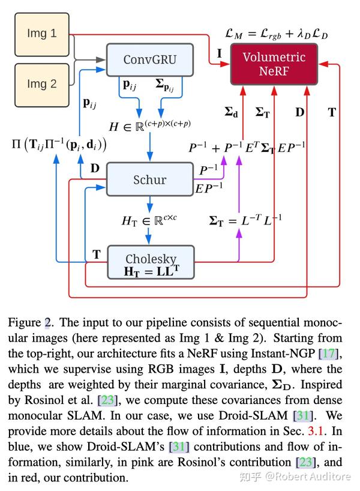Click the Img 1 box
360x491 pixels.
click(42, 34)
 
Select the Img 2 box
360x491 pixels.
click(42, 85)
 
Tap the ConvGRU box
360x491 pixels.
click(150, 60)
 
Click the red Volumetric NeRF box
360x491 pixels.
click(274, 64)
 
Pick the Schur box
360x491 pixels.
click(150, 179)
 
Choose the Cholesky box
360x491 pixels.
click(151, 262)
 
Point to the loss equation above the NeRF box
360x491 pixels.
click(277, 34)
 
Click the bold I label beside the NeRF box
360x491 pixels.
click(220, 53)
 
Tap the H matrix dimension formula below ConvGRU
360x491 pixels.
click(150, 125)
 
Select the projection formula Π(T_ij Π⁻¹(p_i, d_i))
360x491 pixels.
click(59, 145)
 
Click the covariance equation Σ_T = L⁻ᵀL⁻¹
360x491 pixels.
click(245, 220)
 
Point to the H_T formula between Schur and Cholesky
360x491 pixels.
click(149, 220)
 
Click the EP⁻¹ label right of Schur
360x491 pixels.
click(209, 188)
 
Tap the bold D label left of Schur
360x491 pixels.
click(95, 169)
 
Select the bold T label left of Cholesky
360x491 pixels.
click(97, 255)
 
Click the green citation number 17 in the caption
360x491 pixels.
click(329, 354)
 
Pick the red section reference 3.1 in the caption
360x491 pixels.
click(316, 431)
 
